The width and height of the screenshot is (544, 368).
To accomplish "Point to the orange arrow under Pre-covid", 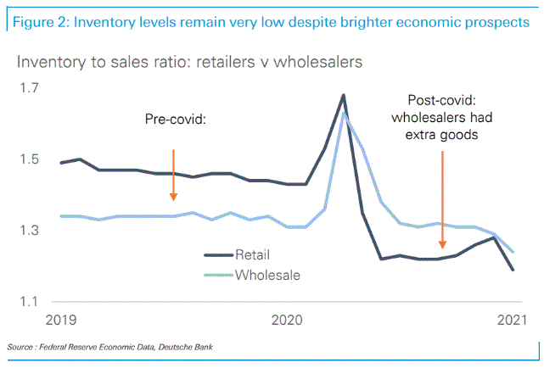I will point(173,175).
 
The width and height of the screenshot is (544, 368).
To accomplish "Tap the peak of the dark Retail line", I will point(343,95).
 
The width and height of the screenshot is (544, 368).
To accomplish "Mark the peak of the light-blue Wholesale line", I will point(345,113).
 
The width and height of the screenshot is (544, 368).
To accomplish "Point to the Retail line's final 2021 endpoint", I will point(513,270).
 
